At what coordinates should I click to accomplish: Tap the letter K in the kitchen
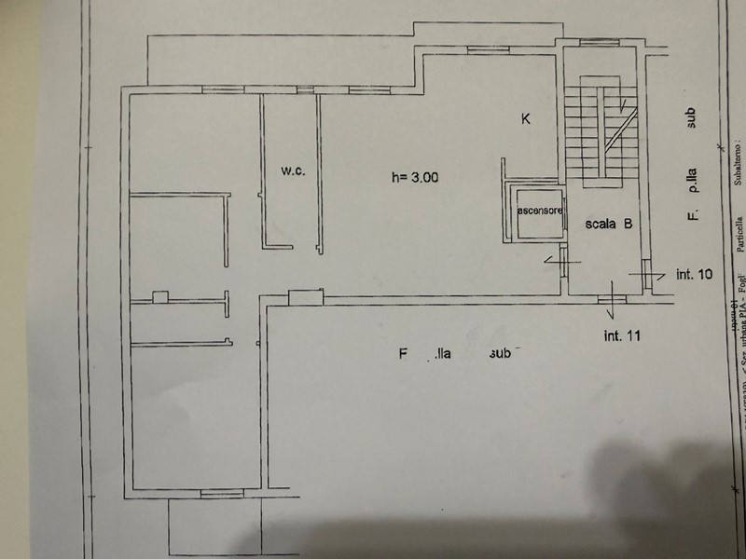[526, 118]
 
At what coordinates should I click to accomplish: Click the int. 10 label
[694, 249]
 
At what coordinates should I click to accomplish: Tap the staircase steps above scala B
[582, 130]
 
